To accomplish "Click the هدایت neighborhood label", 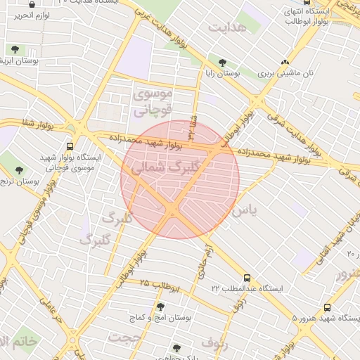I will [229, 27].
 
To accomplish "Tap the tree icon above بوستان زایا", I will [223, 63].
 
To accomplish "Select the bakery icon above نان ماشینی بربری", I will [285, 62].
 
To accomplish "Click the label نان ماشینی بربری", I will [285, 73].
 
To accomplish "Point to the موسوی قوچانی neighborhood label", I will [152, 101].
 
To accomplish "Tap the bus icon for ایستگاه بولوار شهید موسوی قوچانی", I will [70, 146].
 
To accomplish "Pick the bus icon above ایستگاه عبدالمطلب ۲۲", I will [246, 278].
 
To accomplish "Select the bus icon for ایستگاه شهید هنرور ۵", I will [328, 307].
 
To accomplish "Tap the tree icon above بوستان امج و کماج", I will [161, 307].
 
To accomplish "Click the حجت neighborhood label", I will [124, 337].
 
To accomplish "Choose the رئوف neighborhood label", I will [215, 342].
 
